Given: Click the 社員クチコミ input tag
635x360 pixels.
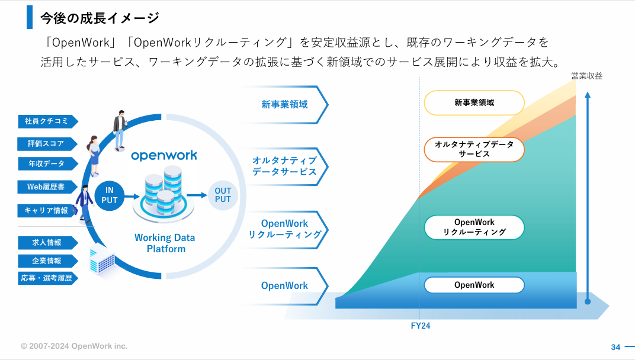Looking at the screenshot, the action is click(x=47, y=121).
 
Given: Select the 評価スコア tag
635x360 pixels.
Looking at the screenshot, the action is click(x=47, y=144).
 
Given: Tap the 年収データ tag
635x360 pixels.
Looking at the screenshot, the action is click(x=47, y=163).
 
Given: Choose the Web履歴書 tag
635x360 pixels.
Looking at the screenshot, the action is click(x=47, y=187).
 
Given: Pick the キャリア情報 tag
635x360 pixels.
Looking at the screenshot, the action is click(x=47, y=210).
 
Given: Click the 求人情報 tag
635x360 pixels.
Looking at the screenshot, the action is click(x=47, y=243).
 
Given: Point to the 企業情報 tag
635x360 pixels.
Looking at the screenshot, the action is click(x=47, y=261).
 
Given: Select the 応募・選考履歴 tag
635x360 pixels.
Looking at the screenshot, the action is click(x=47, y=278).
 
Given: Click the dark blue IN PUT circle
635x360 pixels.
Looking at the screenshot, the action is click(x=110, y=195).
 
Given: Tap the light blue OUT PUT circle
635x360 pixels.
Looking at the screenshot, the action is click(x=223, y=195).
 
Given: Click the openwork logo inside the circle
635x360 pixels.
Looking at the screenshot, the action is click(x=164, y=156).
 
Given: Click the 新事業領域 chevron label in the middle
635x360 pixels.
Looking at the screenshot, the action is click(x=284, y=104).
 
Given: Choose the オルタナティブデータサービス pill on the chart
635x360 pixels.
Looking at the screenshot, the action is click(x=474, y=149).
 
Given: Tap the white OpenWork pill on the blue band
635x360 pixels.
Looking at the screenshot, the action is click(x=474, y=285).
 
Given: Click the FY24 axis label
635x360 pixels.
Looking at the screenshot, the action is click(x=421, y=326).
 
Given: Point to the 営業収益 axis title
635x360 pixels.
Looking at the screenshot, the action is click(x=587, y=76).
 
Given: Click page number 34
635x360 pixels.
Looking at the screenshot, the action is click(x=615, y=347).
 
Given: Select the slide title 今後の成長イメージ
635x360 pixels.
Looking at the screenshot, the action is click(x=100, y=18).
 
